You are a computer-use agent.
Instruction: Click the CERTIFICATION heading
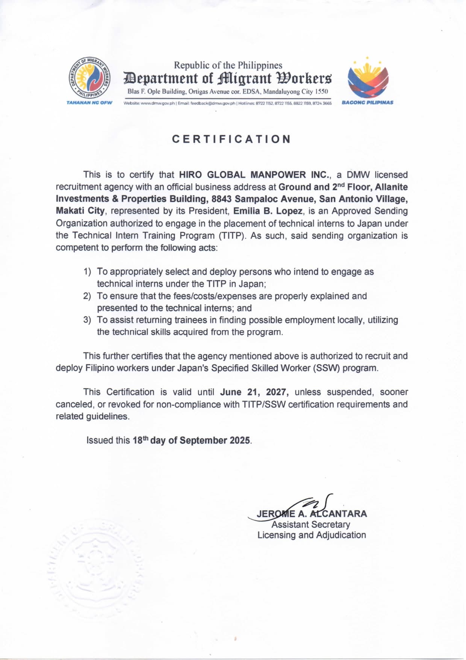tap(231, 139)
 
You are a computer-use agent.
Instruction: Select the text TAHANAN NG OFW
tap(89, 103)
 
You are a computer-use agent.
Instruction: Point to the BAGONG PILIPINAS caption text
tap(368, 102)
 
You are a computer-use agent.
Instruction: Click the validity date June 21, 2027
tap(254, 392)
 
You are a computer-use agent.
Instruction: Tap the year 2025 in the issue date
tap(240, 440)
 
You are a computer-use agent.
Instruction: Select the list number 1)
tap(87, 272)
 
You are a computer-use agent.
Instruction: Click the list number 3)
tap(87, 320)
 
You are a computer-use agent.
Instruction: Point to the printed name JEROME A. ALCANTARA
tap(312, 514)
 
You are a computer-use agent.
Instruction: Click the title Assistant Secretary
tap(311, 524)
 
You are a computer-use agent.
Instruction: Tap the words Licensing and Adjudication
tap(312, 535)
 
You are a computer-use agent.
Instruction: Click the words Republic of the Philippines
tap(228, 65)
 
